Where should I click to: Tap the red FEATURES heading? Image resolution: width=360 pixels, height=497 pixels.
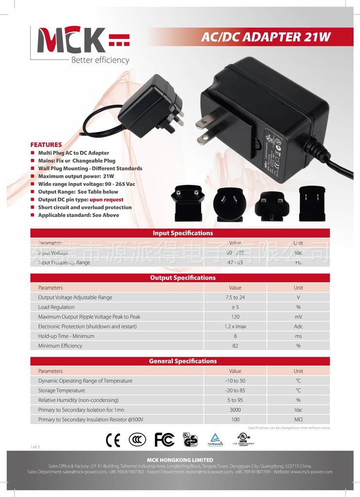46,145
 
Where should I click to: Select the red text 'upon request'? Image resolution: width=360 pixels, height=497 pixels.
106,199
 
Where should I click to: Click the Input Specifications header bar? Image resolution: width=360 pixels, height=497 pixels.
180,233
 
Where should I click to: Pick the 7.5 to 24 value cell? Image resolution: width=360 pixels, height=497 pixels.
235,298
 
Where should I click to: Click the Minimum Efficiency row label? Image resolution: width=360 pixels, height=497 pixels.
60,346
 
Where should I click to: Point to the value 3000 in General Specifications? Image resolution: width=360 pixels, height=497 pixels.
235,410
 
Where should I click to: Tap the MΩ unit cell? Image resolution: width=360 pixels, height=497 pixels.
298,420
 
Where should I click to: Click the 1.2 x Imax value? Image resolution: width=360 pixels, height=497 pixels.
235,327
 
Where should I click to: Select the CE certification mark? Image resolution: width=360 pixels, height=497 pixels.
113,440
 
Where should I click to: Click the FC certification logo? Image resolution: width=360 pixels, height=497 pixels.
164,440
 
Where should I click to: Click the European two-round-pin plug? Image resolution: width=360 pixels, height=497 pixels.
188,204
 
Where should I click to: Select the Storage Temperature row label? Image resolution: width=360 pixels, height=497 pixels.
61,391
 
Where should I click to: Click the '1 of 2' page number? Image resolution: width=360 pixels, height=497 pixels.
35,446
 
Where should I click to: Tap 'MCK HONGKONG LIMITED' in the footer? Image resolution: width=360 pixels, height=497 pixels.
180,460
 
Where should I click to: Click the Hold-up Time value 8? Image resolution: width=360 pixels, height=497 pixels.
235,336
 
